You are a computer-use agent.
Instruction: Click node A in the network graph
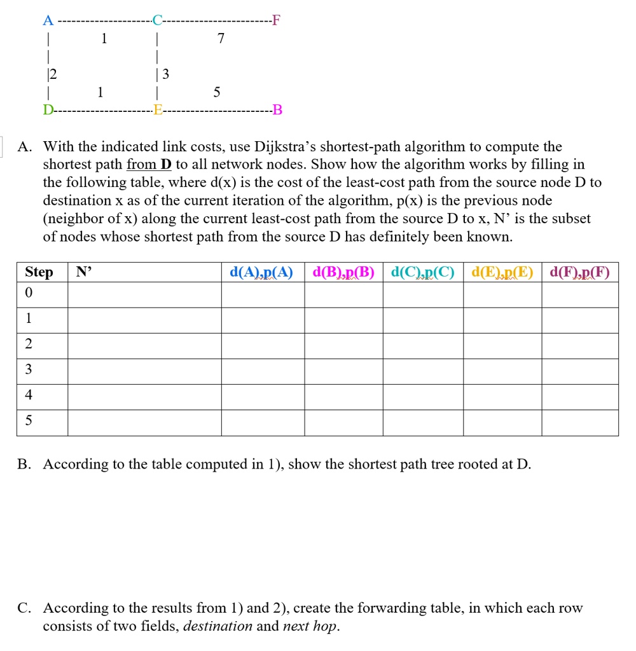(x=46, y=20)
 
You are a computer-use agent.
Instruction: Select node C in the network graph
(x=156, y=20)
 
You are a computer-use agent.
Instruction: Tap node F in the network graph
(x=275, y=20)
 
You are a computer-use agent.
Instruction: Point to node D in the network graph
(x=47, y=112)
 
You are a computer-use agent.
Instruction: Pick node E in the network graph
(x=157, y=112)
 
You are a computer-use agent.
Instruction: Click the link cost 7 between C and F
(x=220, y=39)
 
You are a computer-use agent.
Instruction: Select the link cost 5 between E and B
(x=216, y=93)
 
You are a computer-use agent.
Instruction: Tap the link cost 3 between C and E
(x=166, y=75)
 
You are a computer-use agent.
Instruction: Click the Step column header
(x=39, y=272)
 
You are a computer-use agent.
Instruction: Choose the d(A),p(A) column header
(x=261, y=273)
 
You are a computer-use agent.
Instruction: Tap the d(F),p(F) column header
(x=579, y=273)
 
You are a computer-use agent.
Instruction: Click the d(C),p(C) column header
(x=422, y=273)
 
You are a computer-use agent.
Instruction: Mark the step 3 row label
(x=29, y=370)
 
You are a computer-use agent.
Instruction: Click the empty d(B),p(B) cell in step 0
(x=343, y=295)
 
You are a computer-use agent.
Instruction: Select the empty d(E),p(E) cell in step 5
(x=502, y=423)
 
